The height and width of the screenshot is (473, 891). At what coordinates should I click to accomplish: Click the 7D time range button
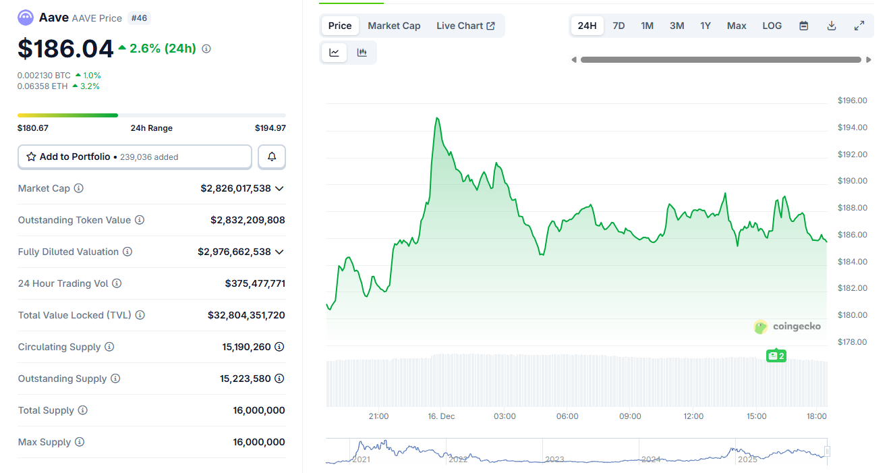[618, 26]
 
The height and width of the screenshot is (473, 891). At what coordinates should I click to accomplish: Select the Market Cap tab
[394, 26]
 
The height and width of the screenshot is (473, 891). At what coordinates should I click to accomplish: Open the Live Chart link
[465, 26]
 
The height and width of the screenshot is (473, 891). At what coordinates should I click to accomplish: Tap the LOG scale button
[772, 26]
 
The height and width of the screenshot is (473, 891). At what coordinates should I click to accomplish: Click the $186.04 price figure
[65, 49]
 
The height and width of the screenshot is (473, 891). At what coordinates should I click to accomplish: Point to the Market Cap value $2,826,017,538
[235, 188]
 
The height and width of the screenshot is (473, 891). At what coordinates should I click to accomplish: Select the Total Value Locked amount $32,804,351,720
[246, 315]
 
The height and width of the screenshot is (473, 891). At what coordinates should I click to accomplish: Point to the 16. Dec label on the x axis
[441, 416]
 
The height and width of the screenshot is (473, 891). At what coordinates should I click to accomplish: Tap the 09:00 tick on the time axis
[630, 416]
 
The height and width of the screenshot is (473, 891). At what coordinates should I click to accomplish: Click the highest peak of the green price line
[437, 118]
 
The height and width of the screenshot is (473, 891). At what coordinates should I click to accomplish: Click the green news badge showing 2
[776, 356]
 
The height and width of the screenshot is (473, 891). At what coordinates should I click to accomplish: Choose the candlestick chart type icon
[362, 53]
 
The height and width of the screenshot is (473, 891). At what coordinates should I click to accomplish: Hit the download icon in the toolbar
[832, 26]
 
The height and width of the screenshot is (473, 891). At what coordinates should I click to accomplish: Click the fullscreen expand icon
[859, 26]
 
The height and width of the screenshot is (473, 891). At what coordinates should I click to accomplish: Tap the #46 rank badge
[139, 18]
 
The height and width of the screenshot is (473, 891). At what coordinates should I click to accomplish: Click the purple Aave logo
[26, 18]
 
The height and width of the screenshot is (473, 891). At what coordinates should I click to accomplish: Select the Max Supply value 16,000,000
[258, 442]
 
